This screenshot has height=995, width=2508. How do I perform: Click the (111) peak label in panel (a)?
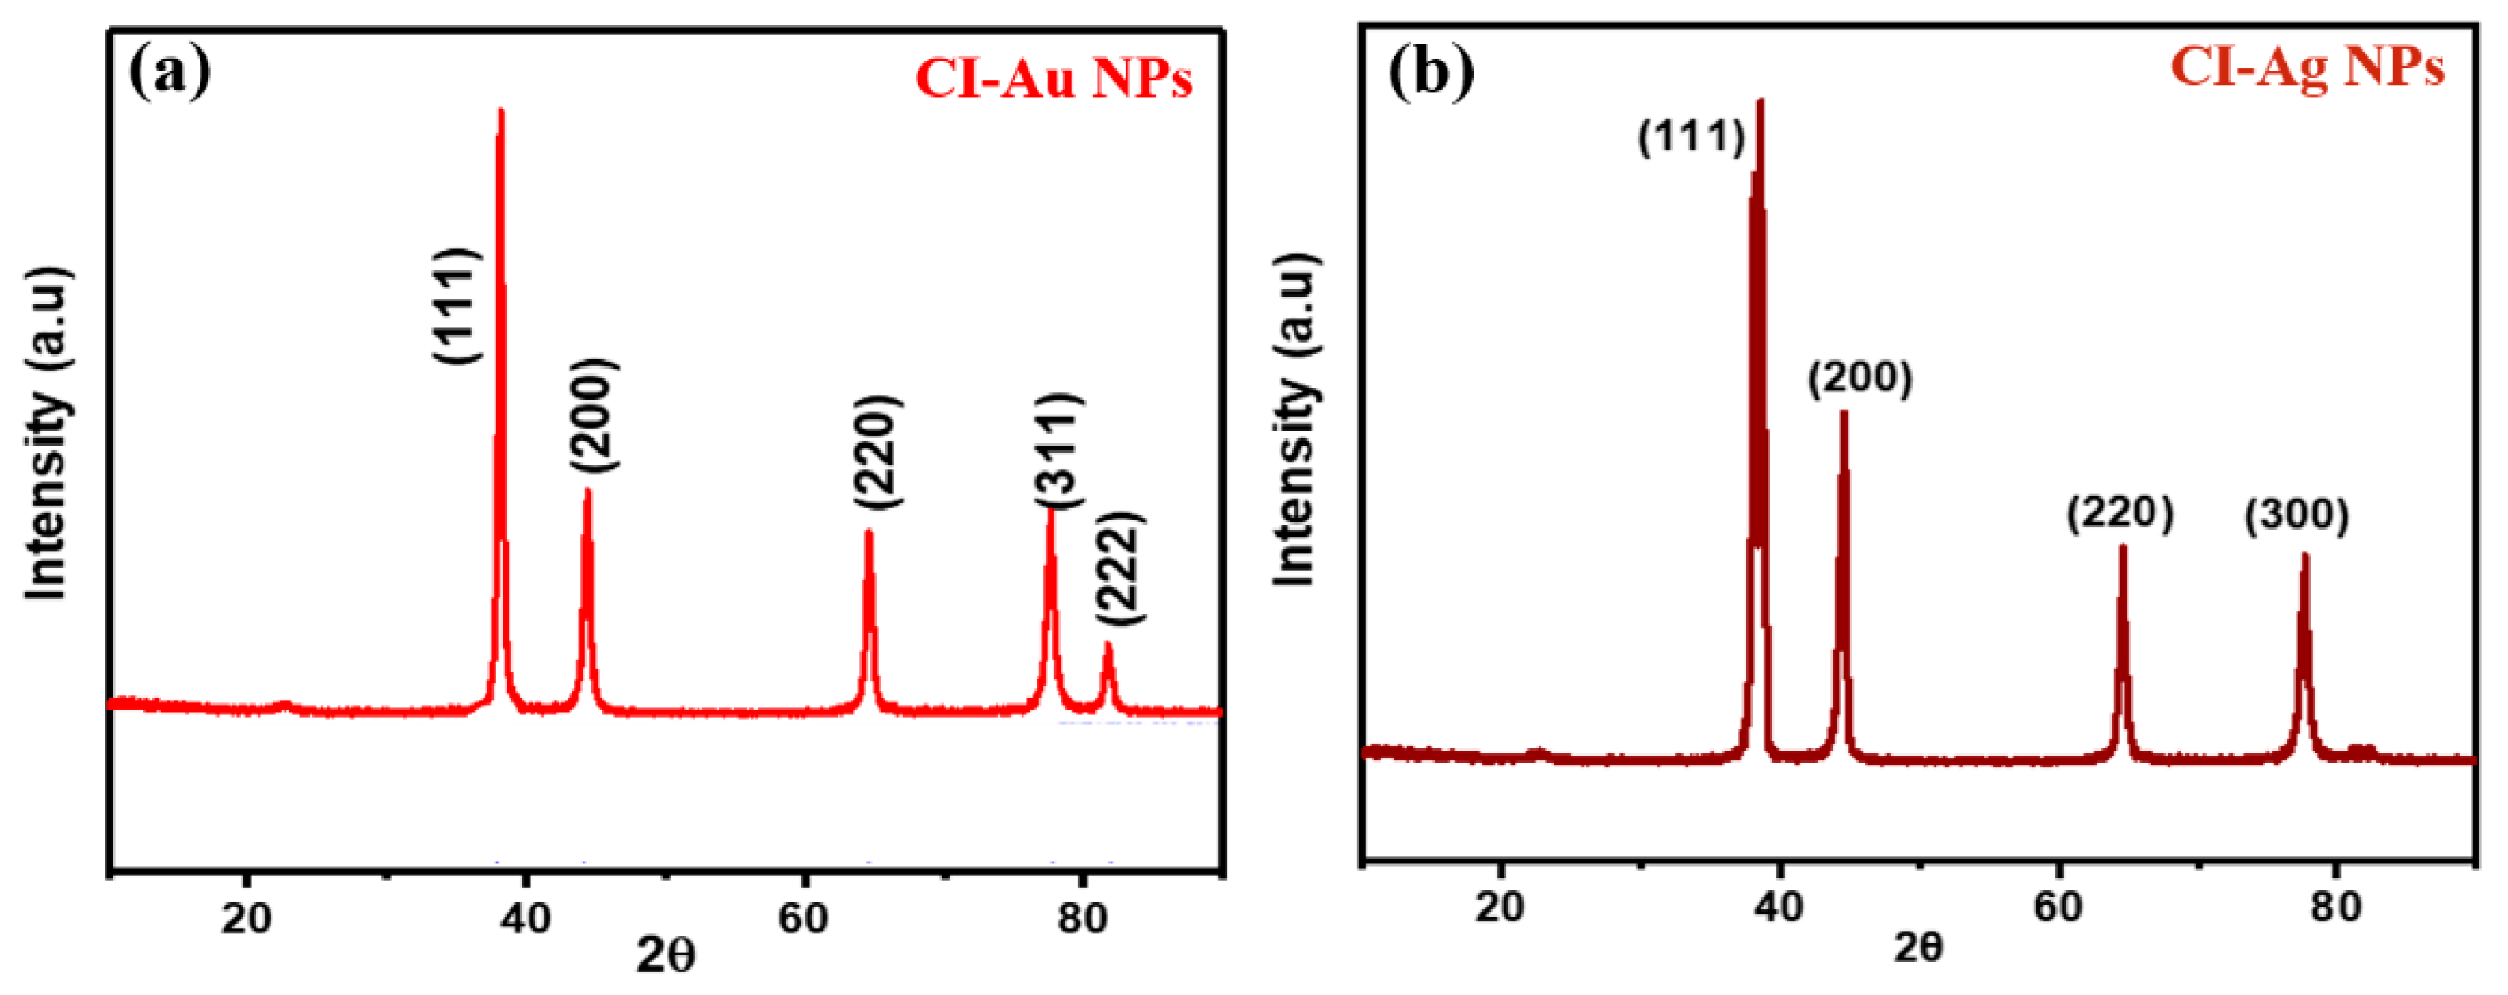coord(457,306)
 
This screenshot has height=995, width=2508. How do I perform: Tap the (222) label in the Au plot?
coord(1118,568)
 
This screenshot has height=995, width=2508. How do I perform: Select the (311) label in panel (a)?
coord(1058,450)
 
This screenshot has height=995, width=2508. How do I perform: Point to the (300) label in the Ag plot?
coord(2296,515)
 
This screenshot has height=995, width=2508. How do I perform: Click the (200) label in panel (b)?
coord(1860,379)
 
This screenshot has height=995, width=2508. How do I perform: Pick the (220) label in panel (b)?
coord(2120,513)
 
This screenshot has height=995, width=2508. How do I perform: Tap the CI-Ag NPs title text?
coord(2307,68)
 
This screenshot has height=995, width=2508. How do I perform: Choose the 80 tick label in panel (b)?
coord(2334,907)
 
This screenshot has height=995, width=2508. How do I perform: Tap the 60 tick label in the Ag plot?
coord(2057,907)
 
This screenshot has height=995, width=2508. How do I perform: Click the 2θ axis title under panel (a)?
coord(666,957)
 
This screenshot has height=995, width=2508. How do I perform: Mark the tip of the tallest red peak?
coord(500,111)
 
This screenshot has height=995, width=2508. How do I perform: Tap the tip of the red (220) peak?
coord(869,531)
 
